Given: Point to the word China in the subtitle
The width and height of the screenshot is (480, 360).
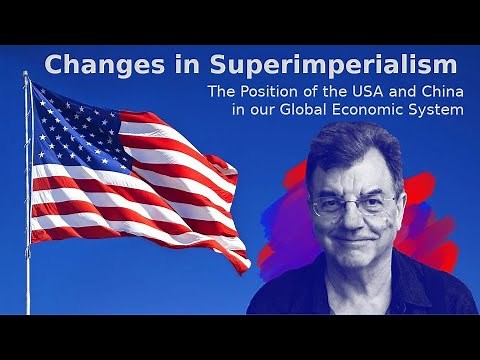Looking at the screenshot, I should tap(440, 92).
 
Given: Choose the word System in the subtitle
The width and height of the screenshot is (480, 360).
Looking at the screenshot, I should tap(438, 109).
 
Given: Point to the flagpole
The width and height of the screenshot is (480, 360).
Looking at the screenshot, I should tap(27, 220).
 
